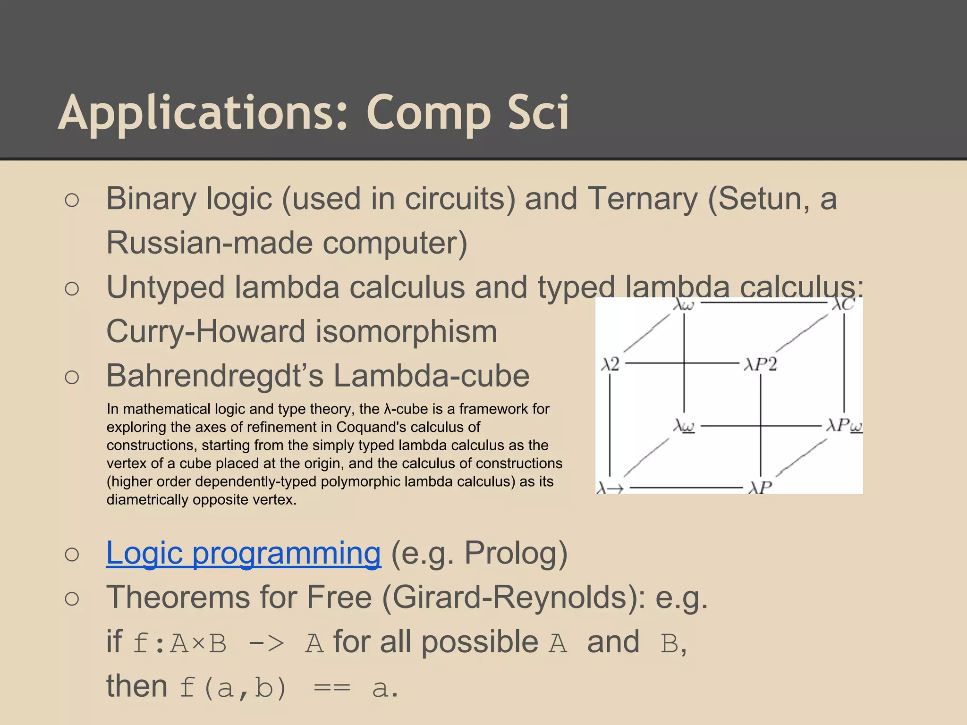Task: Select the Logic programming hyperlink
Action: point(243,553)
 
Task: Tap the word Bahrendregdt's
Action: point(215,376)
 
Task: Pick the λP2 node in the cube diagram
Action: point(760,364)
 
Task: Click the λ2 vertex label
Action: point(610,364)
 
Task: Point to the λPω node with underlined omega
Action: point(844,426)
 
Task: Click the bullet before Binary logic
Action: point(72,200)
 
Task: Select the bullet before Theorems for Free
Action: point(72,599)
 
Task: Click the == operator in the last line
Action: point(332,688)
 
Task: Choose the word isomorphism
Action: point(406,331)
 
